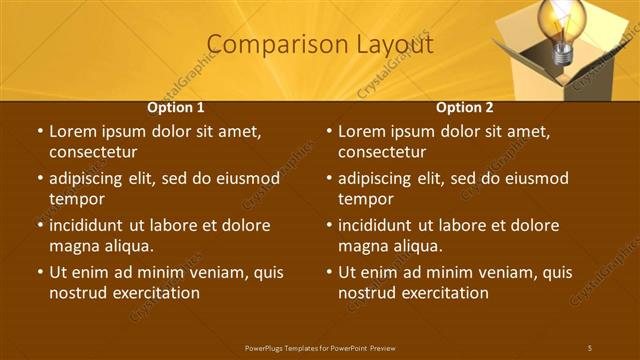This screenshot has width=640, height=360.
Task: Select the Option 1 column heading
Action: click(176, 107)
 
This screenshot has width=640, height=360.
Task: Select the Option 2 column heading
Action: click(465, 107)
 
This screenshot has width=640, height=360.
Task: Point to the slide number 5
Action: click(589, 347)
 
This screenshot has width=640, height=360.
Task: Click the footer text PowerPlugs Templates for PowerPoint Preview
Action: click(320, 347)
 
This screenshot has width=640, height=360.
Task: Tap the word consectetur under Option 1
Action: click(93, 152)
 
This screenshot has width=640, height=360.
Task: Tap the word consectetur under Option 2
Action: click(382, 152)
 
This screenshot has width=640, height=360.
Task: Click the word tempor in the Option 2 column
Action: click(365, 199)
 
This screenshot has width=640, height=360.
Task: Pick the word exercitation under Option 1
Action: click(156, 293)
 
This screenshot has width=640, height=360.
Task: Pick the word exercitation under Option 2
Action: click(445, 293)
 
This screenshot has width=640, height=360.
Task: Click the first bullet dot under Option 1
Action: click(40, 131)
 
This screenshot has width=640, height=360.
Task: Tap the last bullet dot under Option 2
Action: click(329, 272)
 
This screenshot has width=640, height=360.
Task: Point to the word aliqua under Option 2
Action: click(417, 246)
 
